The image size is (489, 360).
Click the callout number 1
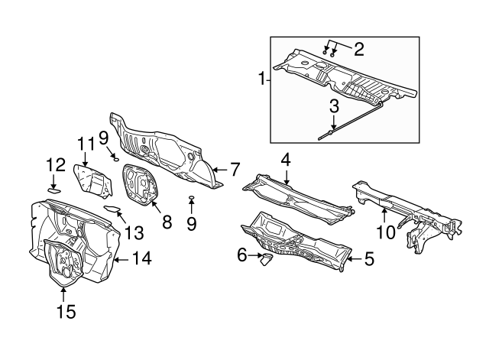pyautogui.click(x=261, y=79)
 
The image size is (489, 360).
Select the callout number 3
pyautogui.click(x=334, y=105)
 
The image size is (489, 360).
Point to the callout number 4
pyautogui.click(x=286, y=159)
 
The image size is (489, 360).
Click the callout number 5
pyautogui.click(x=369, y=258)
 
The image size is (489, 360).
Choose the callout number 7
pyautogui.click(x=235, y=169)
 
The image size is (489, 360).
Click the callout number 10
pyautogui.click(x=385, y=229)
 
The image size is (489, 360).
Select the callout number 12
pyautogui.click(x=55, y=165)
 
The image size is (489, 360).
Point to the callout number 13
pyautogui.click(x=134, y=232)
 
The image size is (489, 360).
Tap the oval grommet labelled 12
pyautogui.click(x=54, y=190)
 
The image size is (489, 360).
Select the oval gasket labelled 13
pyautogui.click(x=111, y=209)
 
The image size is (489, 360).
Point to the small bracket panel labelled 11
pyautogui.click(x=89, y=180)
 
